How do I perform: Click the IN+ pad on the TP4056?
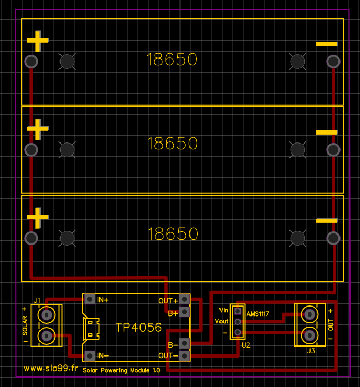pyautogui.click(x=89, y=300)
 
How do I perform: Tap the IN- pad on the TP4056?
pyautogui.click(x=89, y=356)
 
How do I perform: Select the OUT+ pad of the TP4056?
pyautogui.click(x=185, y=300)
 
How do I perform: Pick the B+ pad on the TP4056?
pyautogui.click(x=185, y=313)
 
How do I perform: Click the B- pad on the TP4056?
pyautogui.click(x=185, y=344)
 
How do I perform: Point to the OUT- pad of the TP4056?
pyautogui.click(x=185, y=356)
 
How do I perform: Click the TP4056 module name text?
pyautogui.click(x=138, y=328)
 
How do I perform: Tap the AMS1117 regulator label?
pyautogui.click(x=258, y=314)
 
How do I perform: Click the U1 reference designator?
pyautogui.click(x=37, y=300)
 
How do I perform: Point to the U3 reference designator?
pyautogui.click(x=310, y=350)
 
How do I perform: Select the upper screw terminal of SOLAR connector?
pyautogui.click(x=47, y=315)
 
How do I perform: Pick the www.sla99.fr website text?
pyautogui.click(x=51, y=369)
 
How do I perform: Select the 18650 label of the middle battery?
pyautogui.click(x=173, y=143)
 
